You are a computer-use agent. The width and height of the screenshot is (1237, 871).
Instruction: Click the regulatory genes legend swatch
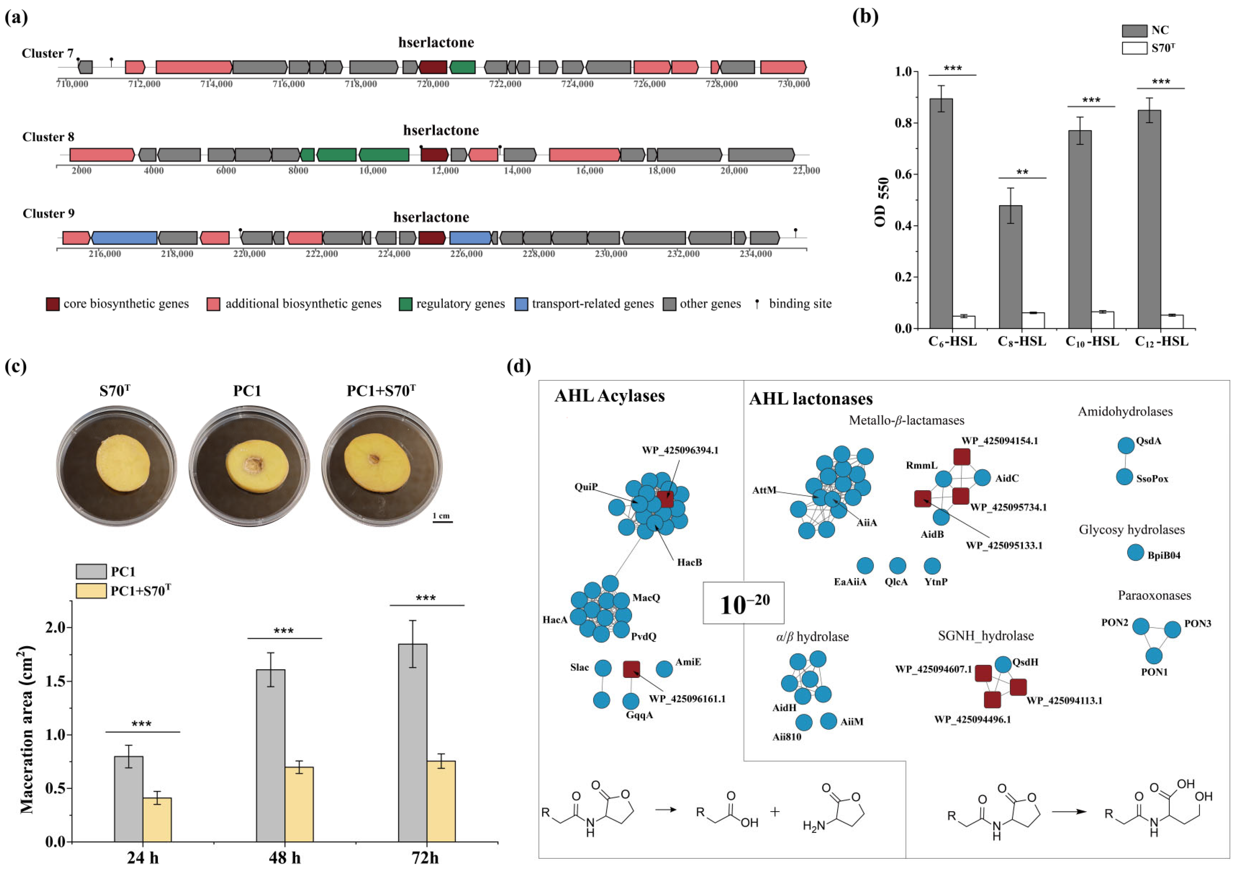(x=406, y=304)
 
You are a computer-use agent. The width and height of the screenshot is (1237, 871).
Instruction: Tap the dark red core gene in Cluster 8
(x=434, y=155)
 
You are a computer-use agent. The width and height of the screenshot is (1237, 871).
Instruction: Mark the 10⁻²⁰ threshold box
(x=743, y=603)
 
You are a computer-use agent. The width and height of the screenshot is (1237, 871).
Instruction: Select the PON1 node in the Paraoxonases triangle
(x=1153, y=656)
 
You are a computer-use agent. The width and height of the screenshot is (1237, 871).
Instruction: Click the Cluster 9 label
(x=48, y=213)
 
